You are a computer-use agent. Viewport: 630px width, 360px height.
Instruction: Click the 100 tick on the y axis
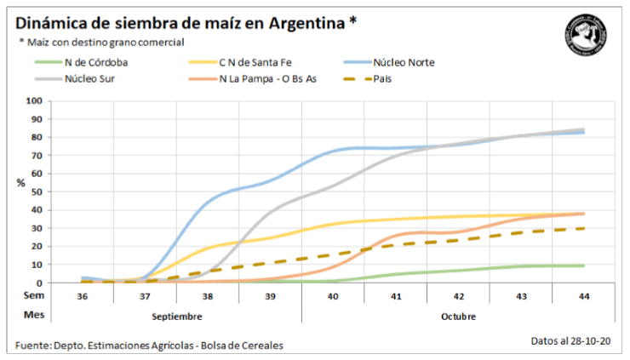point(34,100)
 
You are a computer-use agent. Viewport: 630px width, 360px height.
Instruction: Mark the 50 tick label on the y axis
point(37,191)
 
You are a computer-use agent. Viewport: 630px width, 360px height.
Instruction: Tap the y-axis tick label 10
point(37,265)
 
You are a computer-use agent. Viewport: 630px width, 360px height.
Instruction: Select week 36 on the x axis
point(83,295)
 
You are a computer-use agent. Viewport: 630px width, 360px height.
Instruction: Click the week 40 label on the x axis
point(333,295)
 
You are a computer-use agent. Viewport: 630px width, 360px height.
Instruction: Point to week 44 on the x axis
point(583,295)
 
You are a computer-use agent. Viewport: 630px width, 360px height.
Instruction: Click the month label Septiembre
point(177,316)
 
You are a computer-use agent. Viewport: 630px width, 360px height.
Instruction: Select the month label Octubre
point(458,316)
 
